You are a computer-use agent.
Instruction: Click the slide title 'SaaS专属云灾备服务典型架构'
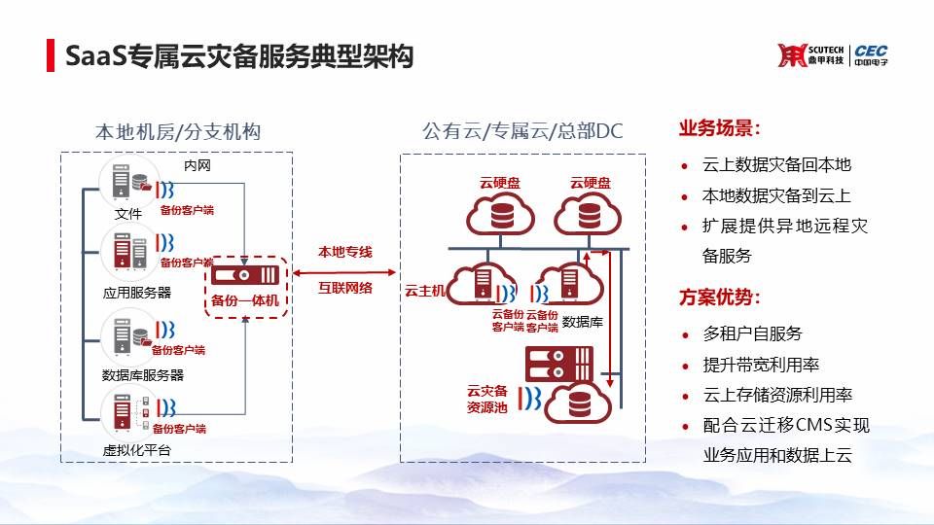(x=239, y=55)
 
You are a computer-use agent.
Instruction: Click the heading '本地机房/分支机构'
(x=178, y=131)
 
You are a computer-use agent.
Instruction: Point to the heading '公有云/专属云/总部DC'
(x=521, y=131)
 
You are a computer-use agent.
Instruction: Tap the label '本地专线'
(x=345, y=252)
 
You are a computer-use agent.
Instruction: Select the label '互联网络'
(x=345, y=287)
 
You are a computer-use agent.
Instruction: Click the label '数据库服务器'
(x=142, y=374)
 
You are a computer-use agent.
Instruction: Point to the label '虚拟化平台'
(x=136, y=450)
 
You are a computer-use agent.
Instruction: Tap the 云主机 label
(x=424, y=290)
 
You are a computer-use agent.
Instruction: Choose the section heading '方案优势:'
(x=719, y=297)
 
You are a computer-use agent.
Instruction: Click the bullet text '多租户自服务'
(x=752, y=333)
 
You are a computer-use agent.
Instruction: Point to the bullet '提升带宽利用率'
(x=761, y=365)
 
